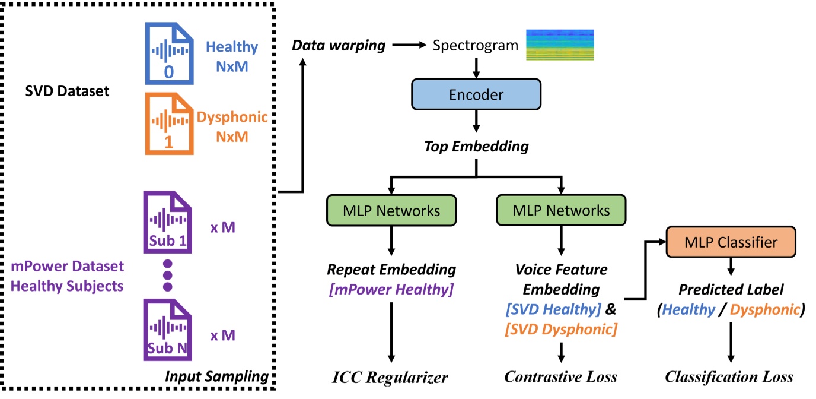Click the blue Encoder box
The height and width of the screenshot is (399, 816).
[x=476, y=94]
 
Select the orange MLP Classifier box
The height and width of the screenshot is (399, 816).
[x=731, y=242]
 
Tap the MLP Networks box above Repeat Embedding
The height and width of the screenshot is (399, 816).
[x=391, y=210]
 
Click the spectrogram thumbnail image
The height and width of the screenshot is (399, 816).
[x=560, y=45]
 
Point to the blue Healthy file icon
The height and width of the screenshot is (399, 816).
[x=169, y=55]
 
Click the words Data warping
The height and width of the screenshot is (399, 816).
[x=340, y=46]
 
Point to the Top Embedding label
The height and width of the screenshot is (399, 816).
[x=476, y=146]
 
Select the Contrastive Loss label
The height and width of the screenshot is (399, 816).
[x=561, y=377]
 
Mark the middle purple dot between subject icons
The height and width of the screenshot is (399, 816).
[x=167, y=275]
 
